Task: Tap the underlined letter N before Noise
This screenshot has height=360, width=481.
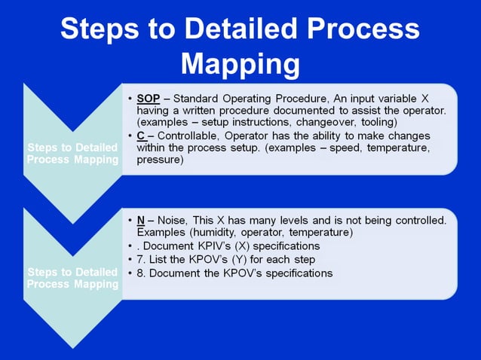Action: click(x=141, y=220)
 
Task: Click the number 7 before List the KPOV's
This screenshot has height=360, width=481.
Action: click(x=140, y=259)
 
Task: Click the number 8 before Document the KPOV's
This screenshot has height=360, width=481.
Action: click(x=140, y=273)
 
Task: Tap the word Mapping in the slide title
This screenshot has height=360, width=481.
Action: click(x=240, y=64)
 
